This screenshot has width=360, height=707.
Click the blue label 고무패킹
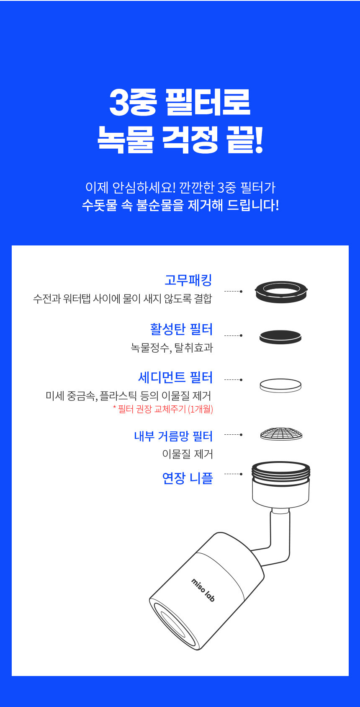pyautogui.click(x=188, y=280)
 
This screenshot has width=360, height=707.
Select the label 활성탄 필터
pyautogui.click(x=181, y=329)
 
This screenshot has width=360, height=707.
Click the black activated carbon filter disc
pyautogui.click(x=280, y=336)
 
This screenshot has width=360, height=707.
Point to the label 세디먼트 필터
pyautogui.click(x=175, y=377)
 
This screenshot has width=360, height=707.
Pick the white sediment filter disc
pyautogui.click(x=280, y=385)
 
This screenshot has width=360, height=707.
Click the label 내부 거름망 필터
pyautogui.click(x=174, y=436)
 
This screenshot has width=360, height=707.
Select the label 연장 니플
pyautogui.click(x=188, y=478)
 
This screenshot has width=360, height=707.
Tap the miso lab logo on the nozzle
pyautogui.click(x=203, y=590)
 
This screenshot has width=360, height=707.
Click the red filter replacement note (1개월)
pyautogui.click(x=163, y=409)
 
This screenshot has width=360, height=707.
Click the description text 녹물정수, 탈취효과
pyautogui.click(x=172, y=348)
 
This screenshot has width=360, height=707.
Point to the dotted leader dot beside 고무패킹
pyautogui.click(x=242, y=292)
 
